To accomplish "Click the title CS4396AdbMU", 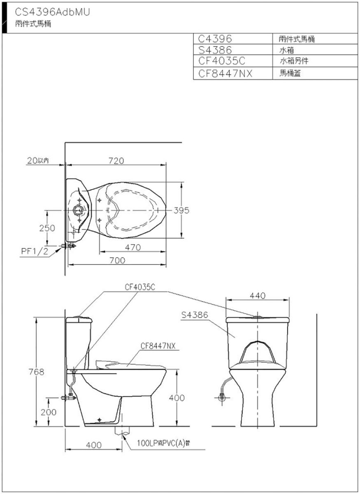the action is pyautogui.click(x=53, y=12).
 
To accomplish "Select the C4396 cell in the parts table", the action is pyautogui.click(x=215, y=39).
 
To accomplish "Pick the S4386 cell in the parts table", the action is pyautogui.click(x=215, y=50).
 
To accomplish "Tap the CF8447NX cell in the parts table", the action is pyautogui.click(x=225, y=73).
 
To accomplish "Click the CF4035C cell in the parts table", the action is pyautogui.click(x=222, y=61).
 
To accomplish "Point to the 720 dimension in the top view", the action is pyautogui.click(x=116, y=161).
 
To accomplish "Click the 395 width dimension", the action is pyautogui.click(x=181, y=210).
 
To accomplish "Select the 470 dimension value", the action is pyautogui.click(x=133, y=247).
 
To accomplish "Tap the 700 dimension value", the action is pyautogui.click(x=117, y=261).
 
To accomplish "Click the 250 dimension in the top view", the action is pyautogui.click(x=47, y=228).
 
